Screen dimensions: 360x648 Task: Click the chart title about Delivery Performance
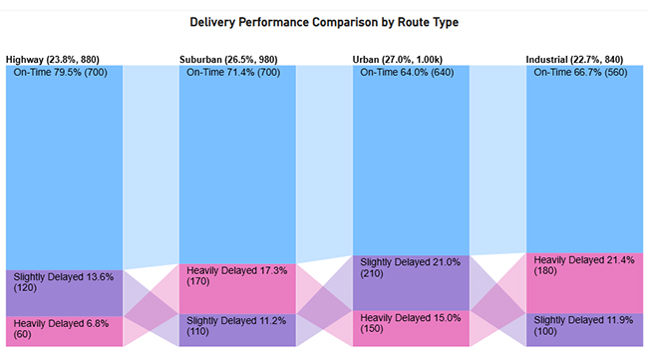324,21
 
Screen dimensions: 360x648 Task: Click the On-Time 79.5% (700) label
63,73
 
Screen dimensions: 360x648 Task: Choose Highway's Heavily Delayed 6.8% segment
64,331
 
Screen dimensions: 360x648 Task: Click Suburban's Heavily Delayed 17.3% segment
237,287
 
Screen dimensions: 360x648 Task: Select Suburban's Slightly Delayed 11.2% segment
237,330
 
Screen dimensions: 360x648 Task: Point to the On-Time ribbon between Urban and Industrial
497,160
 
